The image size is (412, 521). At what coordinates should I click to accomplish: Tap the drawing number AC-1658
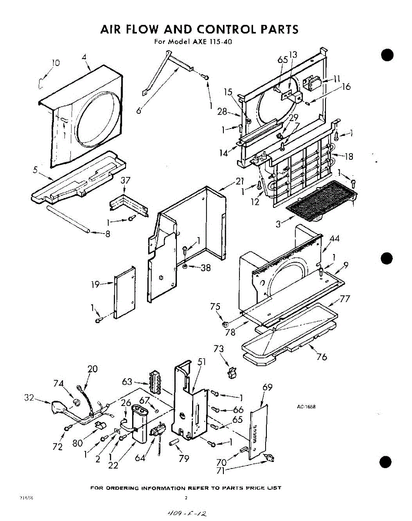pos(306,407)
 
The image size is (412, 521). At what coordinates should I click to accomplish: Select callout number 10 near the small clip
pos(55,63)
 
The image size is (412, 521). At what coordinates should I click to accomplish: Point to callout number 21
pos(240,181)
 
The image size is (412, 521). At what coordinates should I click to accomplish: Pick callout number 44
pos(335,238)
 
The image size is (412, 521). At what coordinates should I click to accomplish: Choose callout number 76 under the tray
pos(322,357)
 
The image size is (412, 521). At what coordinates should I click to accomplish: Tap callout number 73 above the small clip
pos(219,349)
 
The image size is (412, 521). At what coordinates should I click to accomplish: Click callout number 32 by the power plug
pos(29,397)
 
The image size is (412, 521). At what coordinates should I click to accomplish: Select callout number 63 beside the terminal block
pos(127,382)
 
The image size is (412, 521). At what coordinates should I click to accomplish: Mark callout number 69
pos(268,387)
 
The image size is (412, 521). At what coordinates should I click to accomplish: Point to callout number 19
pos(95,285)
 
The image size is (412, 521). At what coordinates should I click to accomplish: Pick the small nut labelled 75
pos(225,324)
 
